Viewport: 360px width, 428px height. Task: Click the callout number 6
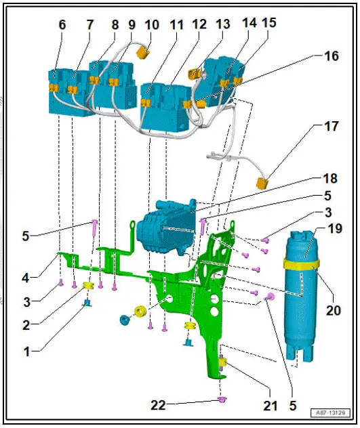click(62, 25)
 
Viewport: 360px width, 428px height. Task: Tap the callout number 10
click(153, 25)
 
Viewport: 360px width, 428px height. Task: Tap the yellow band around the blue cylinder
click(302, 265)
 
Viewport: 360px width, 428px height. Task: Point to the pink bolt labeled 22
click(221, 399)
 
